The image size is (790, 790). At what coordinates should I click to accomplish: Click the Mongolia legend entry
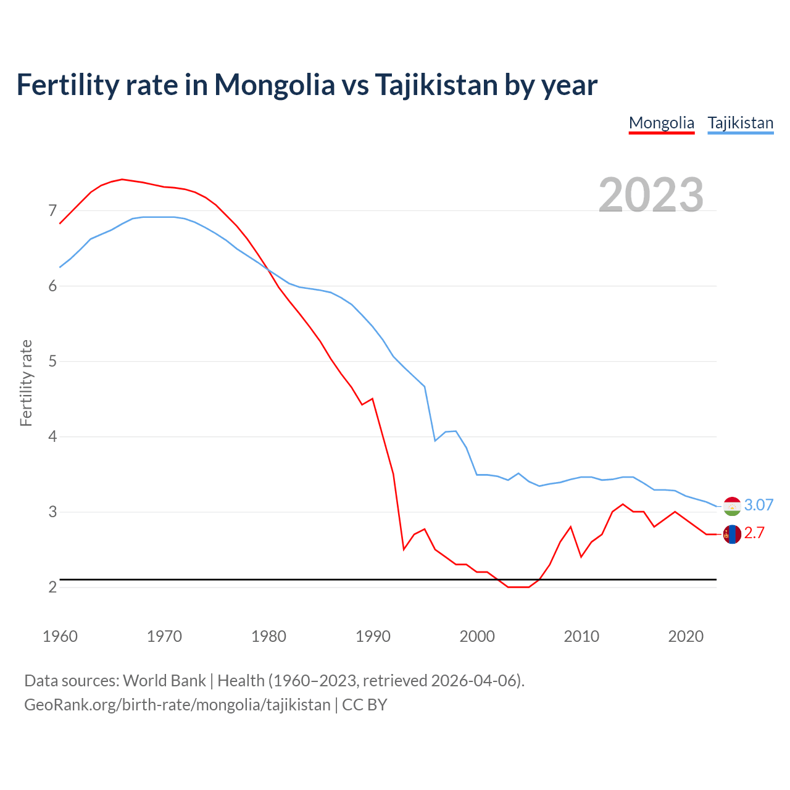coord(661,123)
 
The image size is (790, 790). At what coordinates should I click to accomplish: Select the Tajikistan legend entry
coord(740,123)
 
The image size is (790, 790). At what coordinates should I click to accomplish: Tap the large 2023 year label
coord(651,195)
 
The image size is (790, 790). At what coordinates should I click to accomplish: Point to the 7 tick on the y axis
coord(52,211)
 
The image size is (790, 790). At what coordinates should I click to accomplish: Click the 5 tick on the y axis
coord(52,362)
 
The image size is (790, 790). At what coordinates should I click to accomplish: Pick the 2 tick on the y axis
coord(52,587)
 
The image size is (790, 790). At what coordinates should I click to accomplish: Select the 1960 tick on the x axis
coord(60,636)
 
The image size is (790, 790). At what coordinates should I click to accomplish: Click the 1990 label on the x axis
coord(373,636)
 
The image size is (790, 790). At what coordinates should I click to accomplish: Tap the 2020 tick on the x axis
coord(686,636)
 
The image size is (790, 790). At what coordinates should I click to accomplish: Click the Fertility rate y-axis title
coord(26,383)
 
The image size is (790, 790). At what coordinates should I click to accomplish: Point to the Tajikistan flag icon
coord(732,506)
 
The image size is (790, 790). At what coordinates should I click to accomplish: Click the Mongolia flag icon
coord(732,534)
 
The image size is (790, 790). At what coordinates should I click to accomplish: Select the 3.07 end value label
coord(759,505)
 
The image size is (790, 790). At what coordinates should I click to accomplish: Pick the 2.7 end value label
coord(754,533)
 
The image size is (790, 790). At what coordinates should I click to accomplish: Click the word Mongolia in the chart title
coord(274,85)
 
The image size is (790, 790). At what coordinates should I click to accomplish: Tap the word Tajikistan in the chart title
coord(436,85)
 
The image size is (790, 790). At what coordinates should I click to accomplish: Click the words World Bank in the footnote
coord(164,681)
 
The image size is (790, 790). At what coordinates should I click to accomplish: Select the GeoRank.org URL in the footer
coord(177,705)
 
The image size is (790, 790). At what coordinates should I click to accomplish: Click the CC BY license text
coord(364,705)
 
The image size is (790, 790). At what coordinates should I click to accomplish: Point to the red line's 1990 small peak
coord(372,399)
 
